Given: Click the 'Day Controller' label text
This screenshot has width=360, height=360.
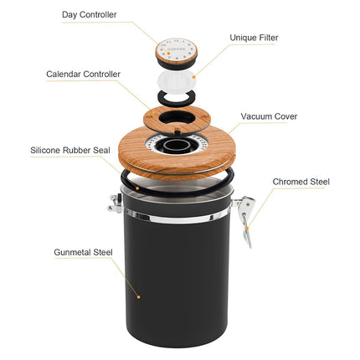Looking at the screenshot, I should [x=88, y=14].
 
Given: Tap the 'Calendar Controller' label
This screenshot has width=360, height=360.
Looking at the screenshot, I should [x=83, y=74].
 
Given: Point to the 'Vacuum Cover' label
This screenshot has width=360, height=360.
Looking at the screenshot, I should [x=269, y=116].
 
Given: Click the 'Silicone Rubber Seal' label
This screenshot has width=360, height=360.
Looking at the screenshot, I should [x=70, y=152].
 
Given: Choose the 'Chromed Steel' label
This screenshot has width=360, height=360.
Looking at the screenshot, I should [x=301, y=181].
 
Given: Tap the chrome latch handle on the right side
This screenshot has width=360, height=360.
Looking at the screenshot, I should [x=246, y=219].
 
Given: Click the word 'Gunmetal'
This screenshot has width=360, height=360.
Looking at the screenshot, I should [x=68, y=251].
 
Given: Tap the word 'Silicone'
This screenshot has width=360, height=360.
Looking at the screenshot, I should [x=48, y=152].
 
